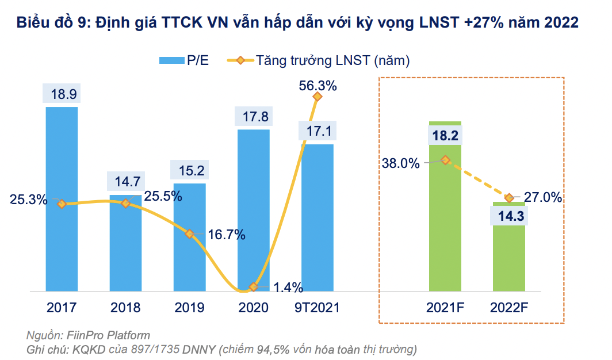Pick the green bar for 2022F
tap(508, 259)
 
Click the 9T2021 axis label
tap(317, 308)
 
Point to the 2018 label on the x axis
tap(125, 308)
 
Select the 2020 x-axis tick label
tap(253, 308)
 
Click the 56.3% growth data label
tap(318, 86)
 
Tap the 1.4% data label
tap(287, 288)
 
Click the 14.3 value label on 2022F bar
tap(509, 217)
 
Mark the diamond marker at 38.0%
tap(445, 160)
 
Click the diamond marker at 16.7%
tap(189, 233)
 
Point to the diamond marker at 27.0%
tap(508, 198)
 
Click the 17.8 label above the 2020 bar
tap(254, 117)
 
